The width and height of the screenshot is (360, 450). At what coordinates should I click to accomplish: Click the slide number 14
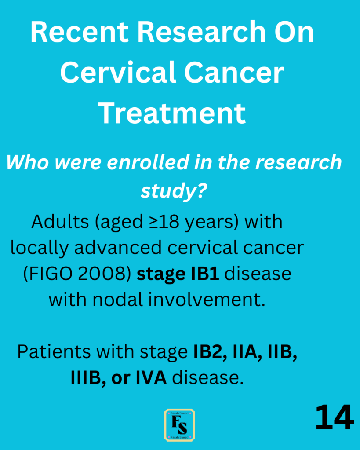(x=335, y=417)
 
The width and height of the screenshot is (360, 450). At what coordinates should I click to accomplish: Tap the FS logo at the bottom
(x=180, y=425)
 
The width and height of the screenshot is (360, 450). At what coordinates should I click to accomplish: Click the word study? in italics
(x=174, y=191)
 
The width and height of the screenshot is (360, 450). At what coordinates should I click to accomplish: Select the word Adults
(x=60, y=222)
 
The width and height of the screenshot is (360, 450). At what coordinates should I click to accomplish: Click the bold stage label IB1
(x=205, y=274)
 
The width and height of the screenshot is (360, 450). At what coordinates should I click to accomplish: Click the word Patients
(x=55, y=352)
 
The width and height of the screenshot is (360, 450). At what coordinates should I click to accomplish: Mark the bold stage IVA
(x=151, y=378)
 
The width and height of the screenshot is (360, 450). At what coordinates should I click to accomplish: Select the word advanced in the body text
(x=118, y=247)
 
